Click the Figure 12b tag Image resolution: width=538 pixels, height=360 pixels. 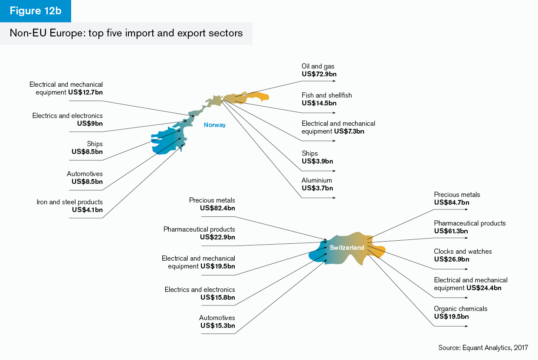click(36, 11)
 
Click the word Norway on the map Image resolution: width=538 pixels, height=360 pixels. click(215, 125)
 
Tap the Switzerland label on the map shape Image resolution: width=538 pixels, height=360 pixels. click(347, 248)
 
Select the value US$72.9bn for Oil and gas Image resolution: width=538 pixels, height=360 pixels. click(319, 74)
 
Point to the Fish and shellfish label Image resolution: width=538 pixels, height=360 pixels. click(327, 95)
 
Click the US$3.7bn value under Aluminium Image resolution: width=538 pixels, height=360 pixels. click(317, 188)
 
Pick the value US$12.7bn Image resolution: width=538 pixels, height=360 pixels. click(85, 92)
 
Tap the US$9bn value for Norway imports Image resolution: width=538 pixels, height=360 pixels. click(90, 124)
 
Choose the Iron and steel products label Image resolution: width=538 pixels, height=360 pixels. click(69, 202)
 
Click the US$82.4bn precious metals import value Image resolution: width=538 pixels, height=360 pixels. click(217, 208)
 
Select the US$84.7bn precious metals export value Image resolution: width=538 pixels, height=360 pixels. click(451, 202)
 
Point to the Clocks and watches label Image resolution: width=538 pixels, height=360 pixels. click(463, 251)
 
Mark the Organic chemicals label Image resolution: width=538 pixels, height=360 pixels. click(460, 308)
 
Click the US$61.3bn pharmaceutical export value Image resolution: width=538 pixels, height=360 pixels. click(451, 231)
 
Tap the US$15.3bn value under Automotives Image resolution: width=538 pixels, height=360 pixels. click(217, 326)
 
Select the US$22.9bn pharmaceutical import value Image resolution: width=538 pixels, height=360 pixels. click(217, 237)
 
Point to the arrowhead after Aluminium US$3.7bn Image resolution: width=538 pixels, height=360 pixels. click(334, 198)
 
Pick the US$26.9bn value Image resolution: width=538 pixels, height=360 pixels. click(451, 259)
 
